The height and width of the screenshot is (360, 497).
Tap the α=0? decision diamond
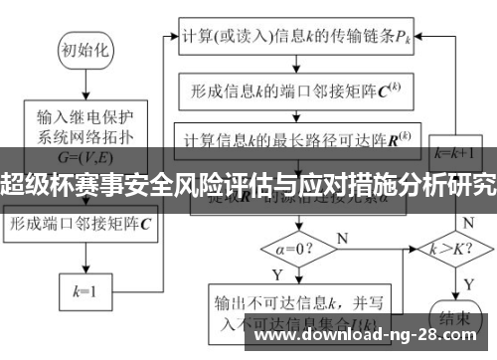click(299, 244)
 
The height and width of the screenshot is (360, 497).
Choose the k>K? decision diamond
click(453, 244)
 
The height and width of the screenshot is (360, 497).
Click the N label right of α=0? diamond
click(343, 239)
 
